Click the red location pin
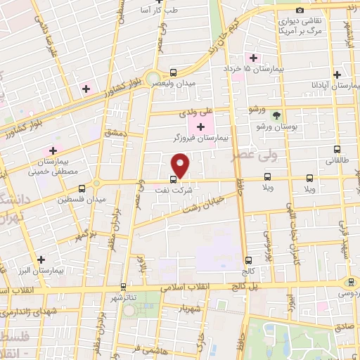click(x=181, y=166)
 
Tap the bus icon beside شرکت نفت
click(x=174, y=179)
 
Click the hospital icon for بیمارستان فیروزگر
click(x=202, y=127)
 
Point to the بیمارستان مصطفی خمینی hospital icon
click(x=51, y=150)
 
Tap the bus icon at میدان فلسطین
click(x=82, y=188)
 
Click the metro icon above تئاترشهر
click(x=124, y=287)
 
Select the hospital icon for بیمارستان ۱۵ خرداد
click(x=250, y=58)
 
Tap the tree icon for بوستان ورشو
click(x=276, y=115)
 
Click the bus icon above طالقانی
click(x=336, y=149)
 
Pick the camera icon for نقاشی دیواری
click(x=300, y=11)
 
